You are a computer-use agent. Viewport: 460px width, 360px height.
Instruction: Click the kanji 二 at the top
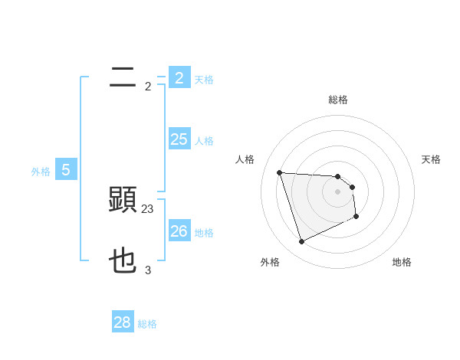click(x=123, y=77)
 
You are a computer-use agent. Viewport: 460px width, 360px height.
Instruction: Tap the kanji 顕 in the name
click(x=123, y=200)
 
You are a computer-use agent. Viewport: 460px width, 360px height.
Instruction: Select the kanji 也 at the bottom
click(x=123, y=261)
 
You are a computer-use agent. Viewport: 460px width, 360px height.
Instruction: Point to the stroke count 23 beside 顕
click(x=148, y=208)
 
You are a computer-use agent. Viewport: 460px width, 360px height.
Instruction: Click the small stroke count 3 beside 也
click(x=148, y=270)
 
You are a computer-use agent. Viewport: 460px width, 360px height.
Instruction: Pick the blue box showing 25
click(x=179, y=139)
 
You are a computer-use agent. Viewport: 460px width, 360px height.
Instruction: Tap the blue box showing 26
click(x=179, y=231)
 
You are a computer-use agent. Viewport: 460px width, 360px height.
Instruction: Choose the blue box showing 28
click(x=123, y=322)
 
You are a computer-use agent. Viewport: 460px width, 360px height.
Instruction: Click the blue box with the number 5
click(x=66, y=170)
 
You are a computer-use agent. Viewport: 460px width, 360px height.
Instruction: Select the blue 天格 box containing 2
click(x=179, y=77)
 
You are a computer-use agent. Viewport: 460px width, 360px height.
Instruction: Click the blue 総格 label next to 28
click(x=147, y=324)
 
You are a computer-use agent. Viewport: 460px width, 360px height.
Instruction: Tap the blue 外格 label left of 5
click(x=41, y=172)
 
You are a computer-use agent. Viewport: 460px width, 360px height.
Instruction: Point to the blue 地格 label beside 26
click(x=204, y=232)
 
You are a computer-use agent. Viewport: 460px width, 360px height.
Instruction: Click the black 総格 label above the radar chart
click(x=338, y=100)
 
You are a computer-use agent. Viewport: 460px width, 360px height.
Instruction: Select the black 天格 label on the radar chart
click(x=432, y=159)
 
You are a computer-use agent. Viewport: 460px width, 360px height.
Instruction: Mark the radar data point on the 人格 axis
click(x=279, y=172)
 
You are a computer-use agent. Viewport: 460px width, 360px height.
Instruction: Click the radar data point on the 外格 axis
click(x=301, y=242)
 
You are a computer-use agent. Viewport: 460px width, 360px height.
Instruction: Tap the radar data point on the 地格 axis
click(x=356, y=217)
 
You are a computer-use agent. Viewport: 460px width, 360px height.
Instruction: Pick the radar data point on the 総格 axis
click(x=338, y=176)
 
